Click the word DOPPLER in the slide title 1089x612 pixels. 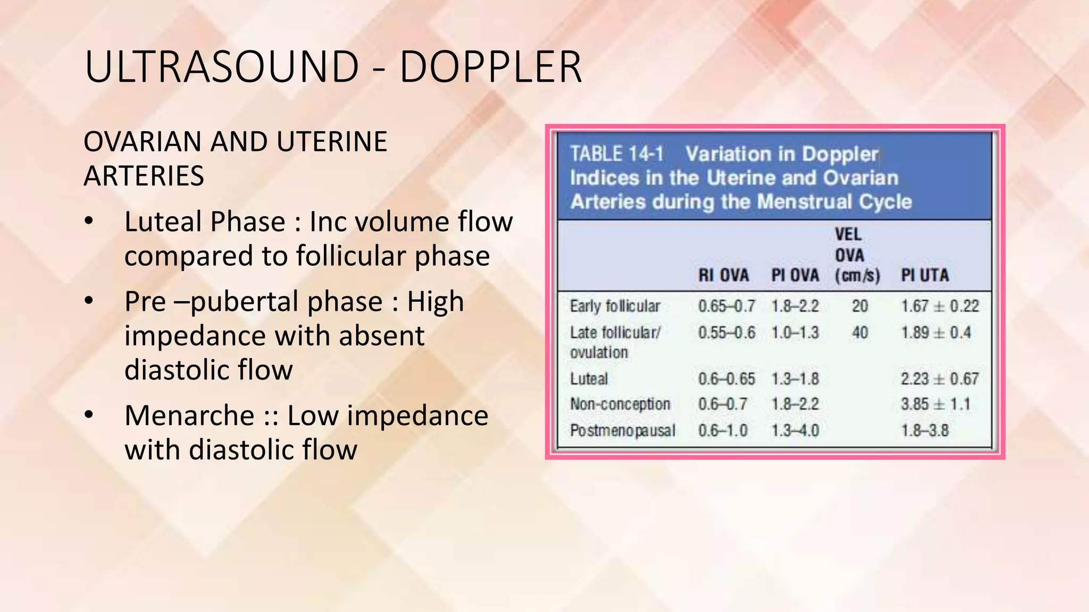pos(490,67)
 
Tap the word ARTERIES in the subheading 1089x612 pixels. pos(144,176)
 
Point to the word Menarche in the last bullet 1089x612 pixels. pos(189,415)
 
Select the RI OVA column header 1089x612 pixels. pos(723,275)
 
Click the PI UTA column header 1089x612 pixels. pos(924,275)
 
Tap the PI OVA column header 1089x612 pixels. pos(795,275)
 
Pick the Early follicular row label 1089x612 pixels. pos(615,306)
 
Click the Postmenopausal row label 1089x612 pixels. pos(622,430)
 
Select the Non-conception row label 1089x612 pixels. pos(620,404)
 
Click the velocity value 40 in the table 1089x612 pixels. pos(860,333)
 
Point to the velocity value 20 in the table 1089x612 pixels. pos(860,306)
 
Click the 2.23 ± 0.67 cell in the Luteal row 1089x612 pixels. pos(939,379)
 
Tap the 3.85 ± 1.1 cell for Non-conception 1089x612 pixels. pos(935,404)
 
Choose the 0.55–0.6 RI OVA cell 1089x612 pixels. pos(726,333)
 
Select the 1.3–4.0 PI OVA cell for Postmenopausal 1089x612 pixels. pos(795,430)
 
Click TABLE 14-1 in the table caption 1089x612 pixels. pos(617,154)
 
